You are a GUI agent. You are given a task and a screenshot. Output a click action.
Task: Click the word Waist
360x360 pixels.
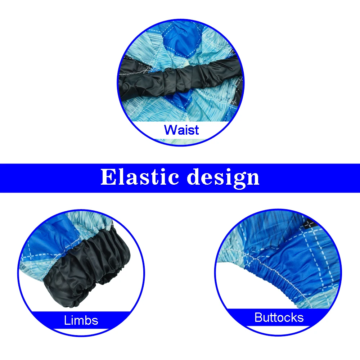pos(181,130)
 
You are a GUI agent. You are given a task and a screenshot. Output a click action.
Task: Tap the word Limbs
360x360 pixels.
pos(81,320)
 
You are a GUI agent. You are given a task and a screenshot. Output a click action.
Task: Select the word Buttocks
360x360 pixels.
pos(279,318)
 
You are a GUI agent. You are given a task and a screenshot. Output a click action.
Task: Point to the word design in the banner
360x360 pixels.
pos(223,178)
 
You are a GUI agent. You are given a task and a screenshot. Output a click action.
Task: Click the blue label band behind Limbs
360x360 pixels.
pos(81,320)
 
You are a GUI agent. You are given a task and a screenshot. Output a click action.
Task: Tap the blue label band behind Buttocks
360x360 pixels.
pos(279,318)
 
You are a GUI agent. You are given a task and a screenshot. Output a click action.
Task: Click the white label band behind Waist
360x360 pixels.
pos(181,130)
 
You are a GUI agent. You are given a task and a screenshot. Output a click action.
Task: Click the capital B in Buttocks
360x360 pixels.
pos(258,318)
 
